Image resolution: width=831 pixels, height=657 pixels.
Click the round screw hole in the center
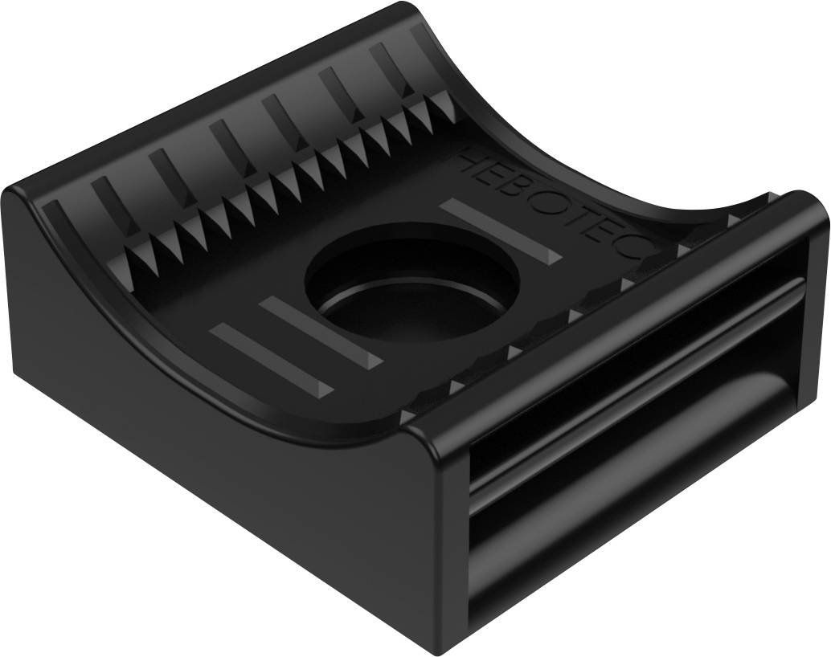pyautogui.click(x=411, y=282)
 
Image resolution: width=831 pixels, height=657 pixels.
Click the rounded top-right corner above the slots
pyautogui.click(x=808, y=201)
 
